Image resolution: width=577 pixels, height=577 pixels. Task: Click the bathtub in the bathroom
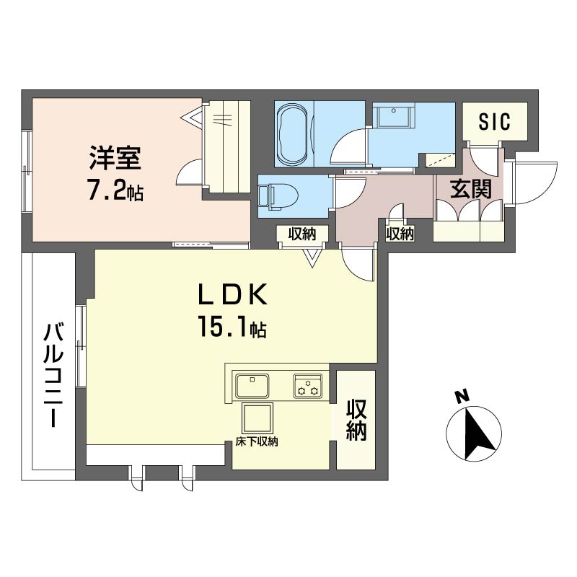pyautogui.click(x=292, y=135)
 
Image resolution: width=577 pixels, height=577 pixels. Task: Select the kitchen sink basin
pyautogui.click(x=252, y=386)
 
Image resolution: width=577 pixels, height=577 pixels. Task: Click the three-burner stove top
pyautogui.click(x=308, y=386)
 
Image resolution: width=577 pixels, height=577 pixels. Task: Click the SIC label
pyautogui.click(x=495, y=121)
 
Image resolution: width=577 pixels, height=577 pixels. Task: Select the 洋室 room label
pyautogui.click(x=115, y=158)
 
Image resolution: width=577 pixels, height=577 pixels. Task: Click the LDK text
pyautogui.click(x=232, y=295)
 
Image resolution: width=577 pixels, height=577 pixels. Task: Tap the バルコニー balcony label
pyautogui.click(x=53, y=374)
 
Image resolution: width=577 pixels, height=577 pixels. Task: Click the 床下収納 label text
pyautogui.click(x=257, y=441)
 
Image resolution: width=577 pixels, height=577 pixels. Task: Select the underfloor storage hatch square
pyautogui.click(x=257, y=418)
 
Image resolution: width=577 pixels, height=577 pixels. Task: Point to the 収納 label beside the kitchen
pyautogui.click(x=356, y=420)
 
